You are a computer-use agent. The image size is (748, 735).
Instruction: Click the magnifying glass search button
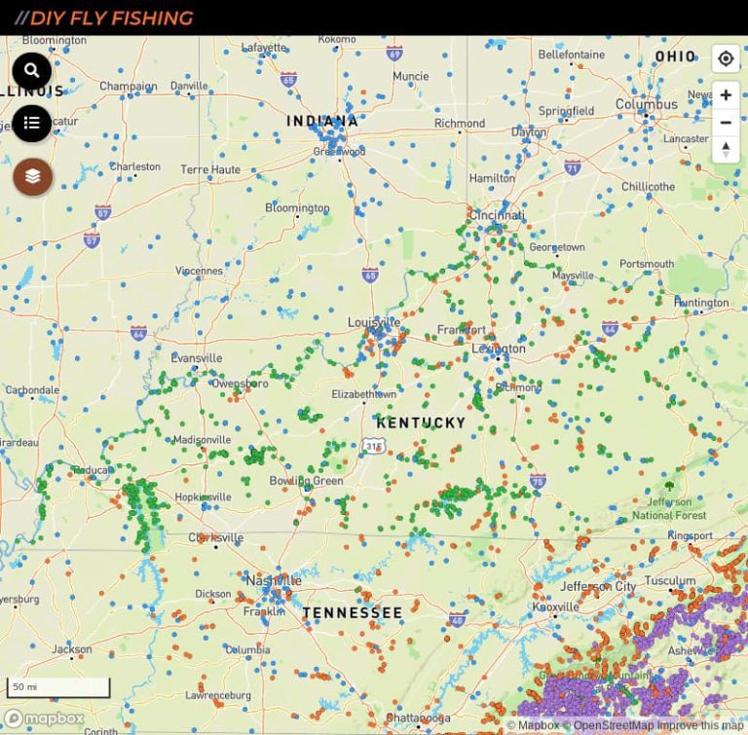pos(31,71)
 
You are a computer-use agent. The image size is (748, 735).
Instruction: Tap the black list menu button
pos(31,123)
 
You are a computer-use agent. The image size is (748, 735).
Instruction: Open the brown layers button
pos(32,176)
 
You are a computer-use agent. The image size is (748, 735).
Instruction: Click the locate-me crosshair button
pos(725,58)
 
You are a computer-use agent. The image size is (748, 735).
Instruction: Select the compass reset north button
pos(725,149)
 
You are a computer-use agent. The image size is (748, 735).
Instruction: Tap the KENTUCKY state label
pos(421,423)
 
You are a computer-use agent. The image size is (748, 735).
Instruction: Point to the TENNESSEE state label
pos(352,612)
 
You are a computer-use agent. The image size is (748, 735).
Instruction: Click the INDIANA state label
pos(322,122)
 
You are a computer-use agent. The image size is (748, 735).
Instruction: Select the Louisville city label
pos(374,322)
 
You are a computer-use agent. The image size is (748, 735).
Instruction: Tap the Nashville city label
pos(274,580)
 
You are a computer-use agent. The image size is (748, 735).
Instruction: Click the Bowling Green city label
pos(306,481)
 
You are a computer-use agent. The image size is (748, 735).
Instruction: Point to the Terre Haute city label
pos(209,169)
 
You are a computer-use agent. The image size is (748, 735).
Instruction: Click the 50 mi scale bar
pos(58,687)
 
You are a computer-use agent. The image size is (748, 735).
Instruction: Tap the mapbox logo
pos(45,718)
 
